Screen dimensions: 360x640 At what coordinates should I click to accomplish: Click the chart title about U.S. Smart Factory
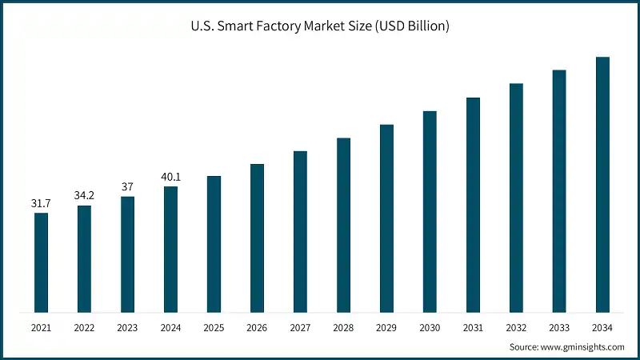click(x=320, y=26)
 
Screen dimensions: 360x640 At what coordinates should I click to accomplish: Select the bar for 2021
click(x=41, y=262)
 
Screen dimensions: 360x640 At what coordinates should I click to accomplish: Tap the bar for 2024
click(x=170, y=249)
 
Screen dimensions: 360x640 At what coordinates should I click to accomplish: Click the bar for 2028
click(x=343, y=225)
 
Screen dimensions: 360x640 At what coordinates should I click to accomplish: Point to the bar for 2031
click(x=473, y=205)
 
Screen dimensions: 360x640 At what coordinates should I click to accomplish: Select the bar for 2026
click(x=257, y=238)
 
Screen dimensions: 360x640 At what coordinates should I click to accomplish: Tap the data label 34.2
click(x=84, y=195)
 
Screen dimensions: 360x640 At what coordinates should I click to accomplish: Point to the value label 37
click(x=127, y=186)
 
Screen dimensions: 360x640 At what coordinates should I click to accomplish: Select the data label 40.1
click(x=170, y=176)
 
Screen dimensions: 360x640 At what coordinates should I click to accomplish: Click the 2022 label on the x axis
click(x=84, y=327)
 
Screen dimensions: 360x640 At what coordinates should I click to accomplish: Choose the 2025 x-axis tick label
click(x=214, y=327)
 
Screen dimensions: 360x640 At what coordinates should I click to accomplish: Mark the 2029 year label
click(x=386, y=327)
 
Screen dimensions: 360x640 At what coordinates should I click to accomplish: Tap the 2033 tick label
click(x=559, y=327)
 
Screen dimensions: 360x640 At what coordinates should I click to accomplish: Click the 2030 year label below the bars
click(x=430, y=327)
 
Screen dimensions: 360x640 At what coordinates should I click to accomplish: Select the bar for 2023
click(x=127, y=254)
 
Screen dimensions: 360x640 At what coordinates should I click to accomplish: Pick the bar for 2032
click(x=516, y=198)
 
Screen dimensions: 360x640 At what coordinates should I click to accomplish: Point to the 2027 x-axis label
click(x=300, y=327)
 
